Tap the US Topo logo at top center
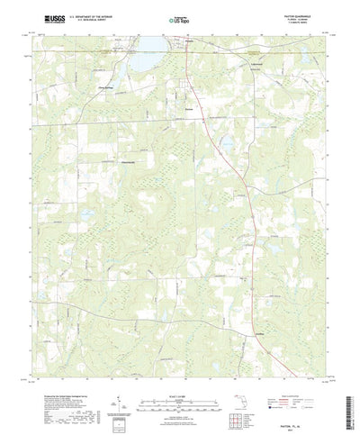(179, 18)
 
